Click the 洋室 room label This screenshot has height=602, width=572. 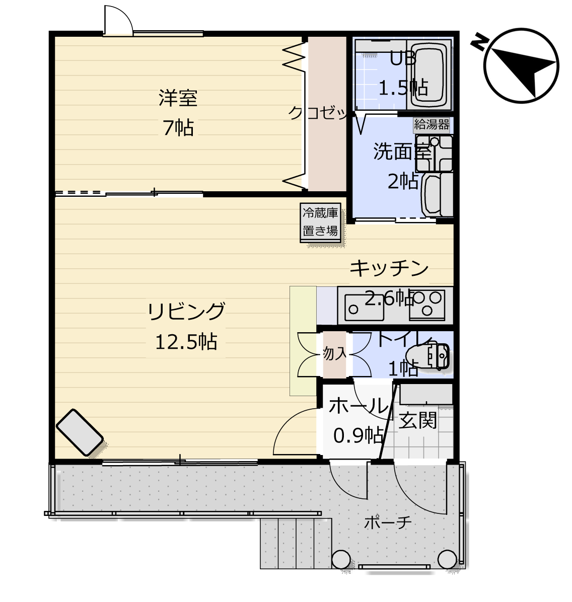(178, 98)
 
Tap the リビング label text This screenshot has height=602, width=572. (186, 311)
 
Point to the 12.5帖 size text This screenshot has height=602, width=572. (186, 341)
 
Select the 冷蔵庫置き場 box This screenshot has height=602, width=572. (320, 222)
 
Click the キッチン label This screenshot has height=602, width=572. (389, 268)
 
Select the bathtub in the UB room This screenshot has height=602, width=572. (430, 74)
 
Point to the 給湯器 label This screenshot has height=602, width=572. (432, 124)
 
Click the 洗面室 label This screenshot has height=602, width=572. (401, 152)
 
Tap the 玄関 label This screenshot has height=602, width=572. (417, 420)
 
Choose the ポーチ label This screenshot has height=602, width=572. (388, 522)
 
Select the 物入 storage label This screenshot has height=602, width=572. (335, 353)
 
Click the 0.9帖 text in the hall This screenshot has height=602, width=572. (358, 435)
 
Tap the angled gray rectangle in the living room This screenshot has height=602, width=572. (80, 432)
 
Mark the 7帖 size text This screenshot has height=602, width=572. (178, 128)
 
